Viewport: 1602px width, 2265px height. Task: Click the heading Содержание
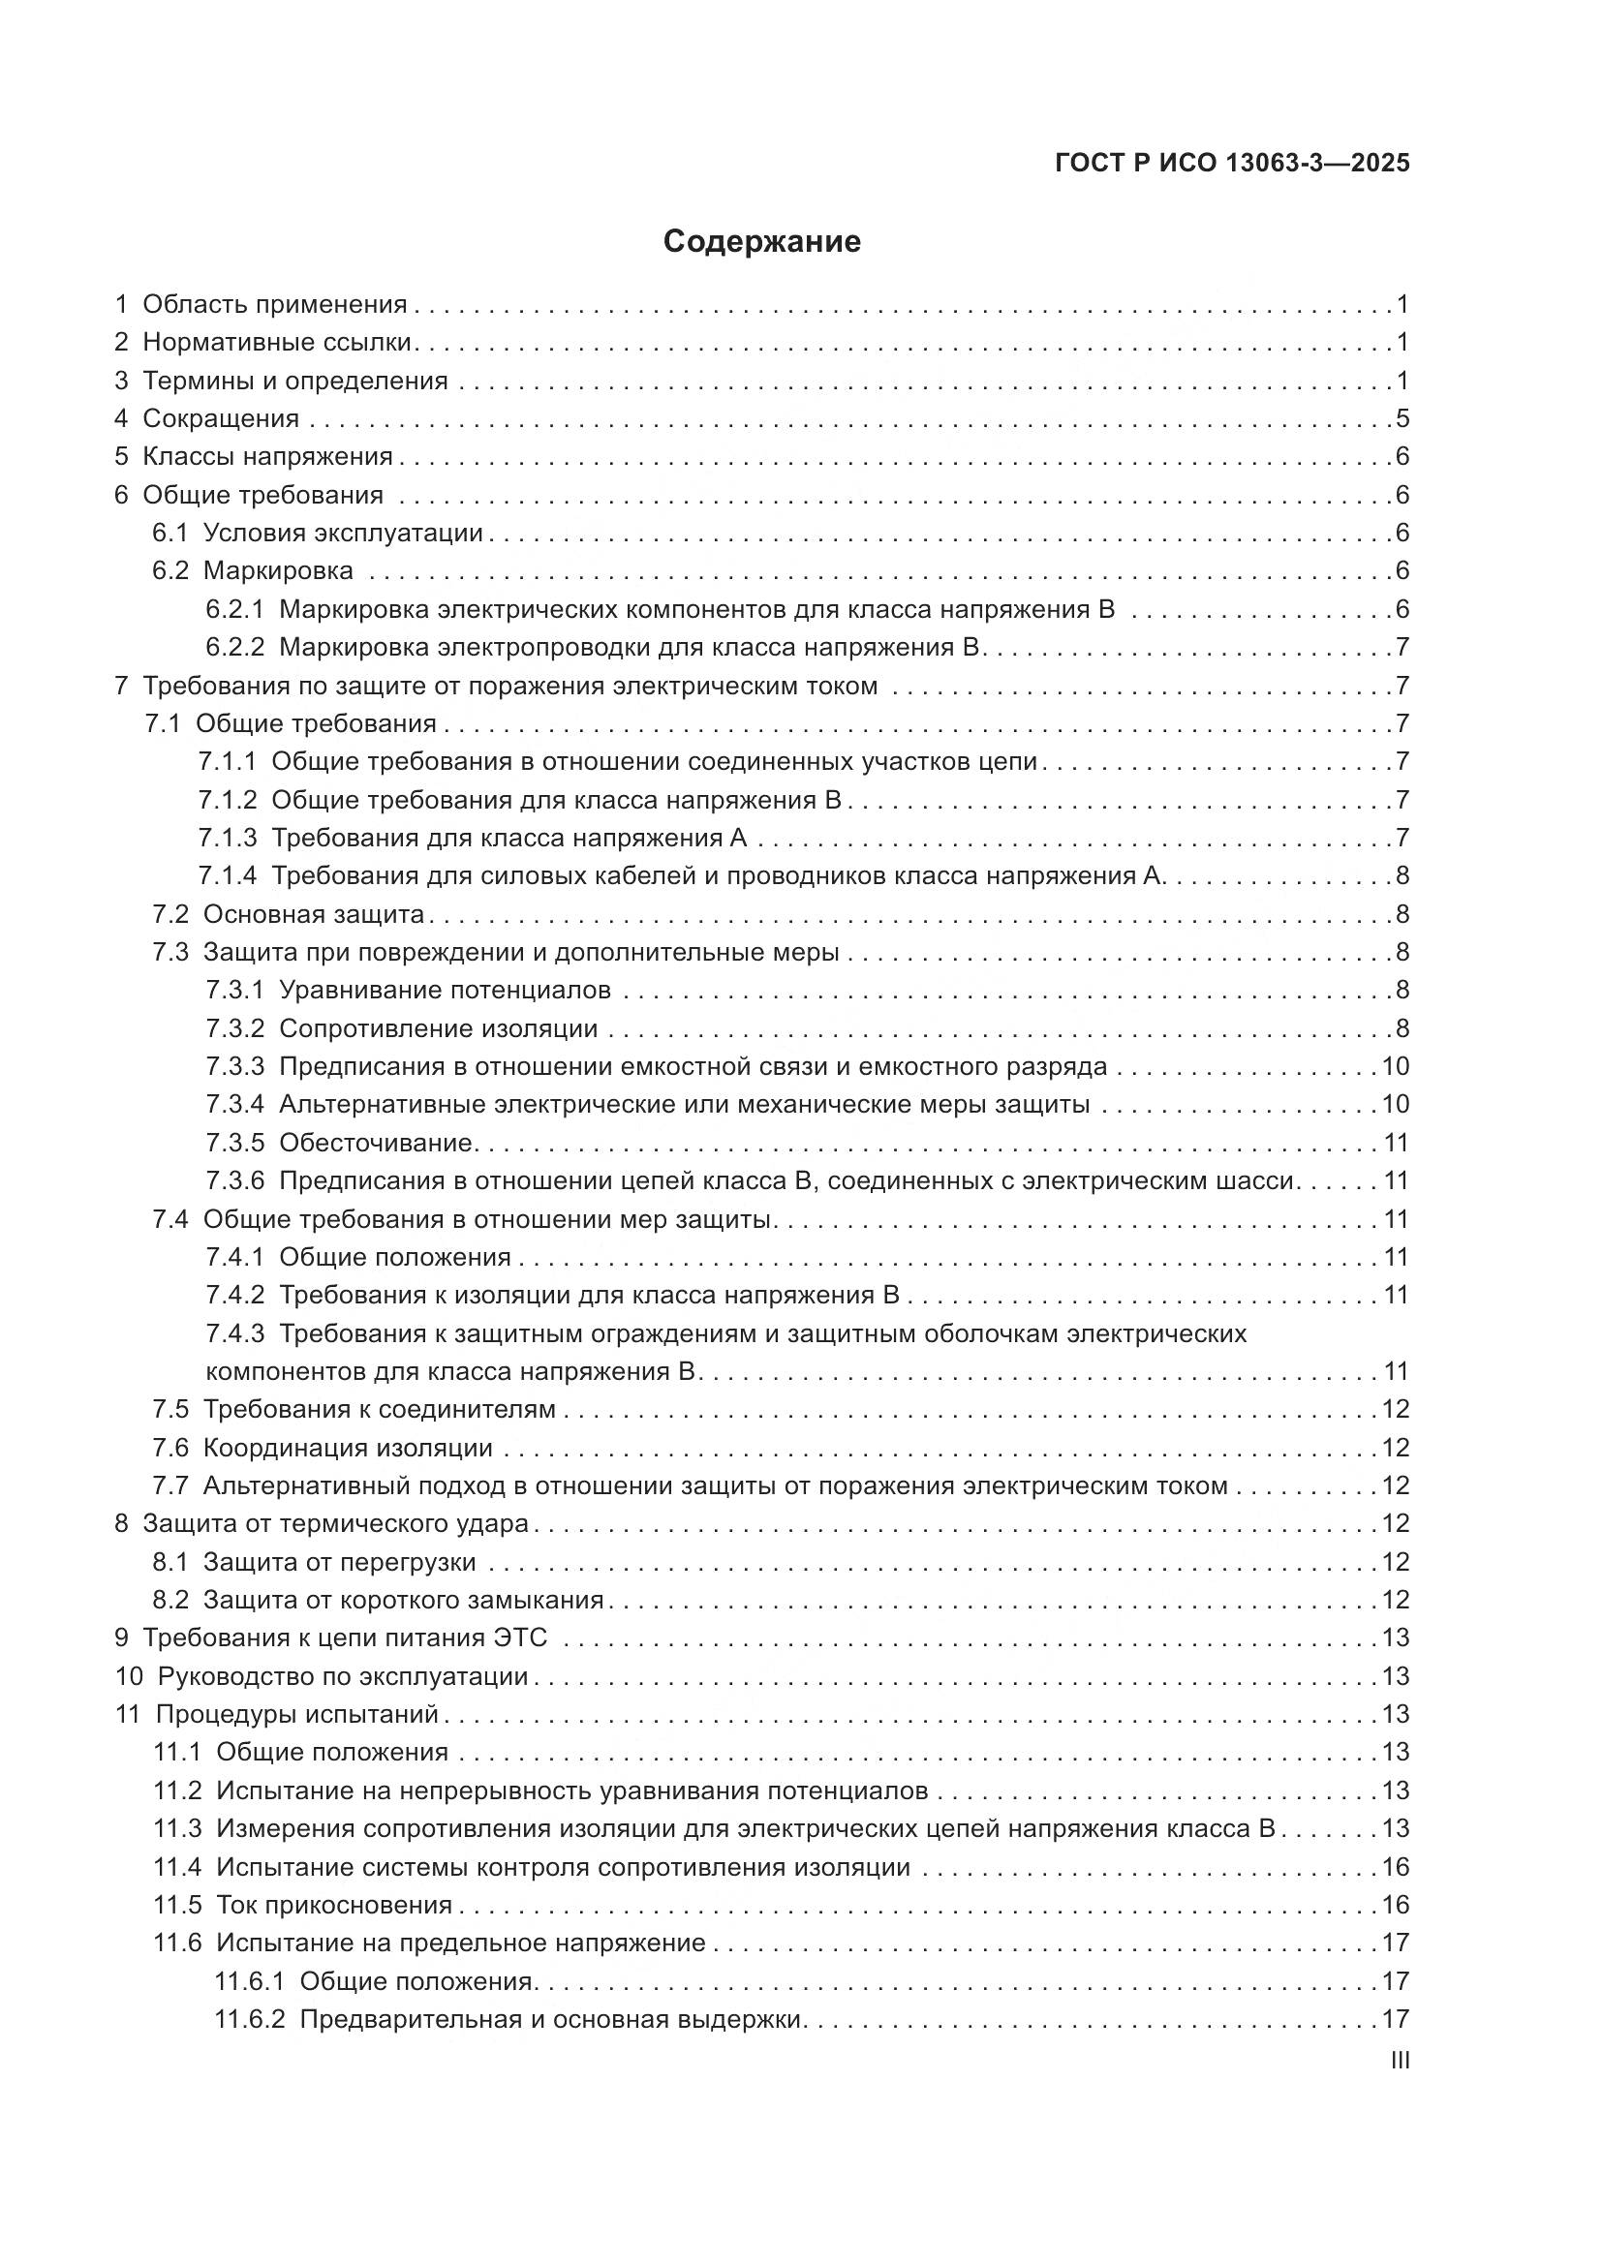pyautogui.click(x=761, y=242)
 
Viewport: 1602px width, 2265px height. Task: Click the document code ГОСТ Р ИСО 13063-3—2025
pyautogui.click(x=1232, y=163)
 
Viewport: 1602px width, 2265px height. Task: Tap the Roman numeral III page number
pyautogui.click(x=1399, y=2061)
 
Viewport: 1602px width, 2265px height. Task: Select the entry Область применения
pyautogui.click(x=274, y=304)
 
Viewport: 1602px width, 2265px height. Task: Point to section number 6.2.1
pyautogui.click(x=234, y=609)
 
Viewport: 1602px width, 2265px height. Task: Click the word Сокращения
pyautogui.click(x=221, y=418)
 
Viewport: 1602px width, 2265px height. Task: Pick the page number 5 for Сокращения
pyautogui.click(x=1402, y=418)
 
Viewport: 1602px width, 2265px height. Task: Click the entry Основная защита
pyautogui.click(x=314, y=914)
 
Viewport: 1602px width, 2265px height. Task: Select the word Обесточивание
pyautogui.click(x=377, y=1143)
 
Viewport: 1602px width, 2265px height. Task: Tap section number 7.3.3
pyautogui.click(x=234, y=1066)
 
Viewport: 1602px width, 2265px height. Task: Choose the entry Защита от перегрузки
pyautogui.click(x=339, y=1563)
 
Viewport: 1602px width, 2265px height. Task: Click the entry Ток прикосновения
pyautogui.click(x=333, y=1905)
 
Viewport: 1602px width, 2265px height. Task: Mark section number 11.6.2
pyautogui.click(x=250, y=2019)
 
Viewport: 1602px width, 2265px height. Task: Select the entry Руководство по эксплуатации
pyautogui.click(x=342, y=1676)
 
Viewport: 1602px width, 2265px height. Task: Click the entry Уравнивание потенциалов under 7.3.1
pyautogui.click(x=445, y=990)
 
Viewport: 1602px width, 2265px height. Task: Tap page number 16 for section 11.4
pyautogui.click(x=1395, y=1867)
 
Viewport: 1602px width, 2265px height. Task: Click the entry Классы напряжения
pyautogui.click(x=267, y=457)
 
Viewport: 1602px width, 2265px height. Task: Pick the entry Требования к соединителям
pyautogui.click(x=379, y=1410)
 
